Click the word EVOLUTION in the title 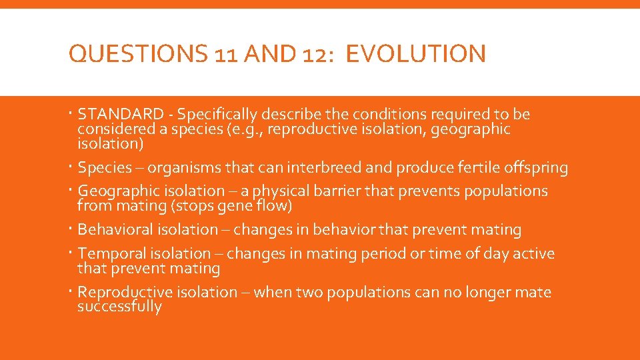click(416, 54)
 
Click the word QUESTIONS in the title click(137, 54)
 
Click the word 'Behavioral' click(115, 230)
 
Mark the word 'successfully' click(119, 307)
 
